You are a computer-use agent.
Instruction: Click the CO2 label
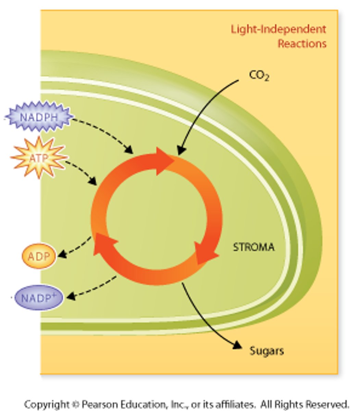259,76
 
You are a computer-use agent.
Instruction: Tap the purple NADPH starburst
38,117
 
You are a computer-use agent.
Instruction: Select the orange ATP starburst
38,158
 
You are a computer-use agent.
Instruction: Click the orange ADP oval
39,256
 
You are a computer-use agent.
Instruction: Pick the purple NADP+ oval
39,298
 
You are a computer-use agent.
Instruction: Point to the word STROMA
253,247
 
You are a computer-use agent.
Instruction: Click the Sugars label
266,351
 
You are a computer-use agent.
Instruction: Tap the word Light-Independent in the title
278,29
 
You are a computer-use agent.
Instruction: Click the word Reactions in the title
302,43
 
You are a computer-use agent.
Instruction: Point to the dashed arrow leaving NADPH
106,132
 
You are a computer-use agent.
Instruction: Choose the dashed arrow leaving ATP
82,171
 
